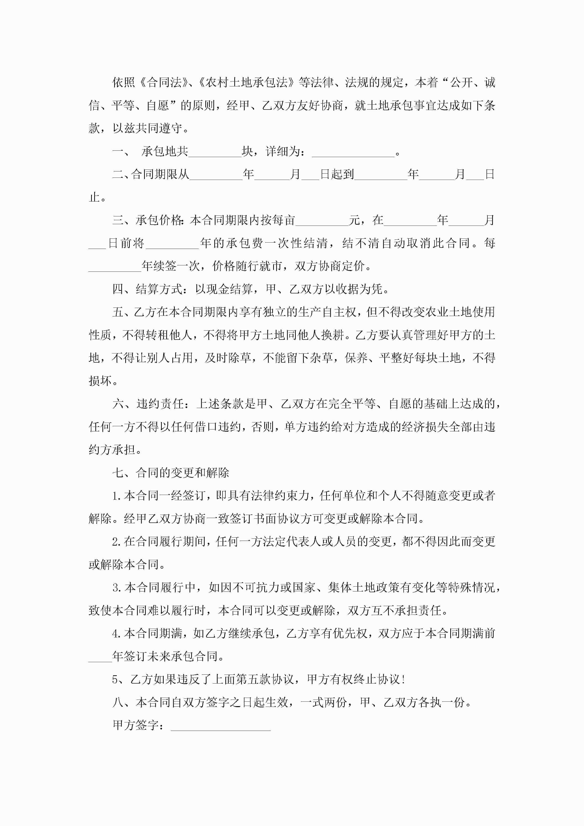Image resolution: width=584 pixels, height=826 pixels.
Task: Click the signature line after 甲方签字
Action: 221,725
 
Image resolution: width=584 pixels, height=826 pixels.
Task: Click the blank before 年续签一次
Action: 114,267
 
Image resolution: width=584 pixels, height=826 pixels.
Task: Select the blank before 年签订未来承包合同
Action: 100,656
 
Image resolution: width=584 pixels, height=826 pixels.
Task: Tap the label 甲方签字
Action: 135,725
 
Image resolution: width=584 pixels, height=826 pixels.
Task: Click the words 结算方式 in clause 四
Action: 159,289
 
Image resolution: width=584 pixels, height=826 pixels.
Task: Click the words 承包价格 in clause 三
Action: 159,221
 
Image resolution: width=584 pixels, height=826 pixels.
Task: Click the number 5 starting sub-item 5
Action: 115,680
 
